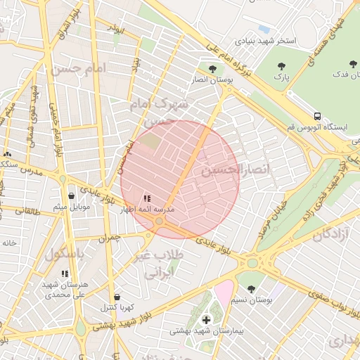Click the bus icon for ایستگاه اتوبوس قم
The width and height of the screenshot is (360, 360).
pos(317,116)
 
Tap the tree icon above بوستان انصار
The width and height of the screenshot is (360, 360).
pos(212,68)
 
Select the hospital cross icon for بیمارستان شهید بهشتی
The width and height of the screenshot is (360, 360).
pos(205,320)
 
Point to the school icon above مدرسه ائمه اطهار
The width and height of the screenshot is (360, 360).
pos(147,199)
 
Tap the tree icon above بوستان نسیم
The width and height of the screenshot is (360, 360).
pos(251,289)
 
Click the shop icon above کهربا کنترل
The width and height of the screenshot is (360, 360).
pos(117,297)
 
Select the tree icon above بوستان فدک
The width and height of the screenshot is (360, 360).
pos(353,65)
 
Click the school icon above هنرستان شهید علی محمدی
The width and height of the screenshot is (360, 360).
pos(65,274)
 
